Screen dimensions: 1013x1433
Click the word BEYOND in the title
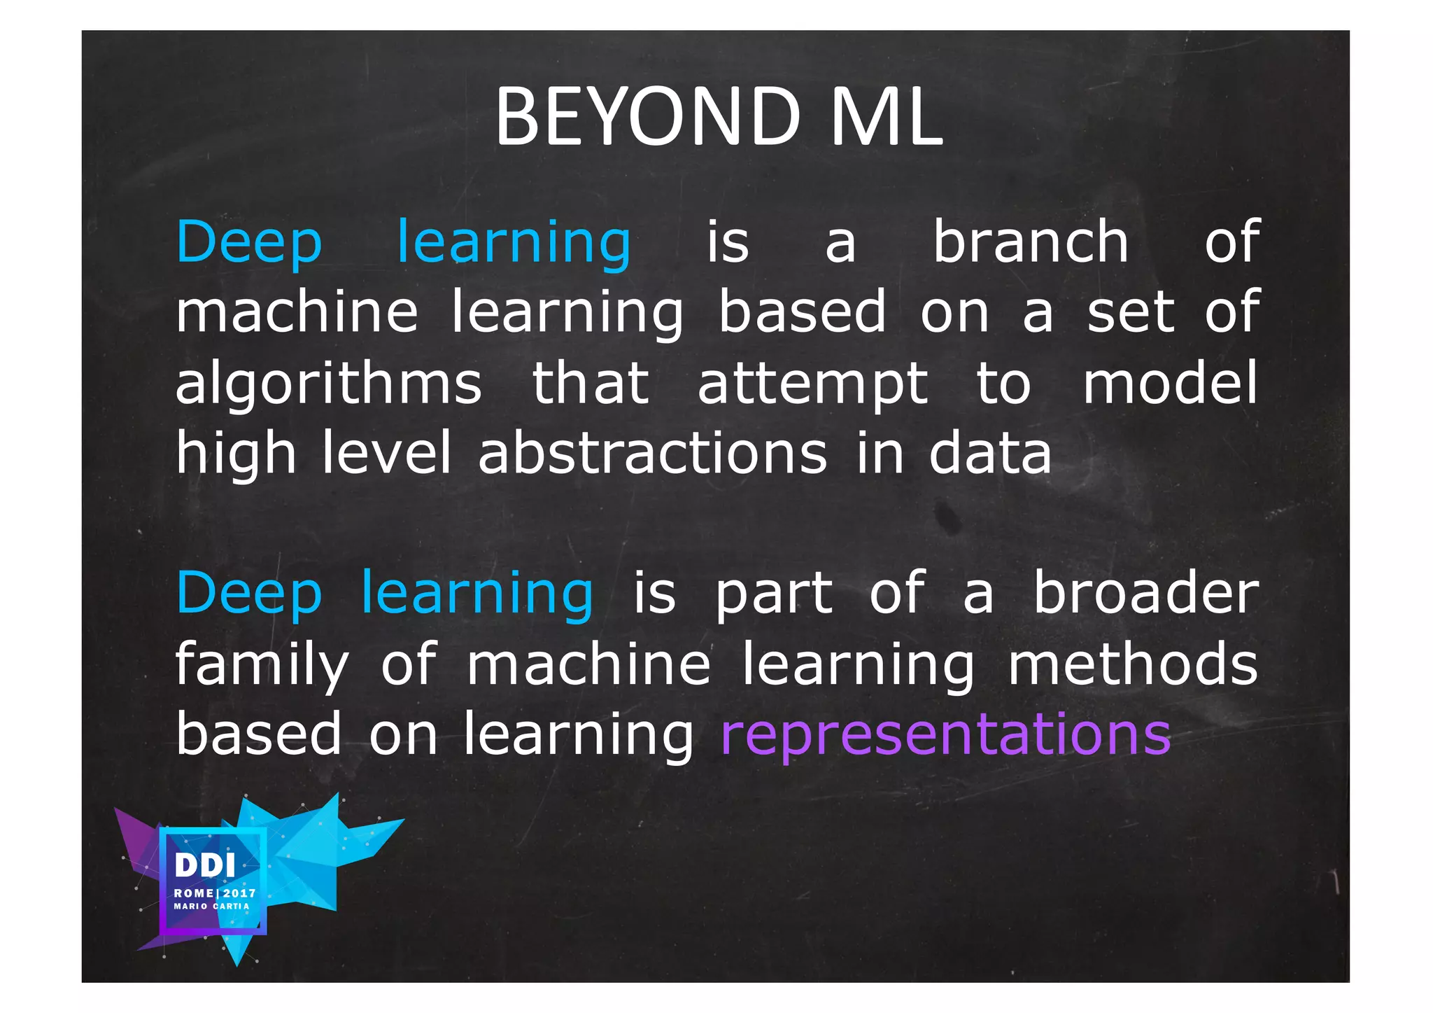pos(647,116)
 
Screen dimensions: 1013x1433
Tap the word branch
pos(1031,242)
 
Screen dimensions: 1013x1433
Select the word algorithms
pos(328,384)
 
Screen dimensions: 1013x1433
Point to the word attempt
pos(812,384)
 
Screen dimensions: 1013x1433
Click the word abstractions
pos(652,454)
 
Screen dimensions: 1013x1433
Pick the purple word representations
pos(945,734)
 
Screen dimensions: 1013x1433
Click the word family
pos(261,664)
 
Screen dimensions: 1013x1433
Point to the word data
pos(990,454)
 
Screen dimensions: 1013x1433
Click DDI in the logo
pos(205,866)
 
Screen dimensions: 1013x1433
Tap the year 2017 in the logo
pos(240,893)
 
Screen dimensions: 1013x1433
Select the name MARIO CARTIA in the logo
pos(211,907)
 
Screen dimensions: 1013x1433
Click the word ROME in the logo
pos(194,893)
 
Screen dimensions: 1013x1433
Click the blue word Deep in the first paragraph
pos(249,243)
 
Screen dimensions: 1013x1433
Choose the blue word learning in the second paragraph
pos(477,594)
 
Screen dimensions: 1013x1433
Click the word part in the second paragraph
pos(773,594)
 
